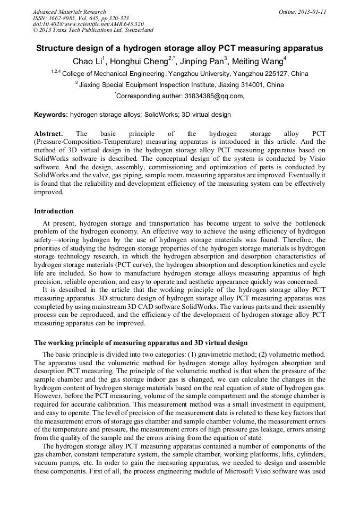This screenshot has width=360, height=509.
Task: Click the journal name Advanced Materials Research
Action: click(69, 12)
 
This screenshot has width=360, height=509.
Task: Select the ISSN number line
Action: click(81, 18)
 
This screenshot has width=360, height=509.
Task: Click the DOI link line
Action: click(88, 24)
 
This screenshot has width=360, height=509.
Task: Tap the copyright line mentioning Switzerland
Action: click(93, 30)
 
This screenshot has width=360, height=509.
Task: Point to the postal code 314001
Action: click(249, 85)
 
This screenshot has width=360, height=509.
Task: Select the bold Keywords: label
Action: click(51, 115)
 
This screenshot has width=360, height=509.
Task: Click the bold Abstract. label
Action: click(48, 134)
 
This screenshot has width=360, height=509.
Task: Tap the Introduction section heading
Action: click(54, 211)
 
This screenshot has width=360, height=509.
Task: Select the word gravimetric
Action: click(210, 354)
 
